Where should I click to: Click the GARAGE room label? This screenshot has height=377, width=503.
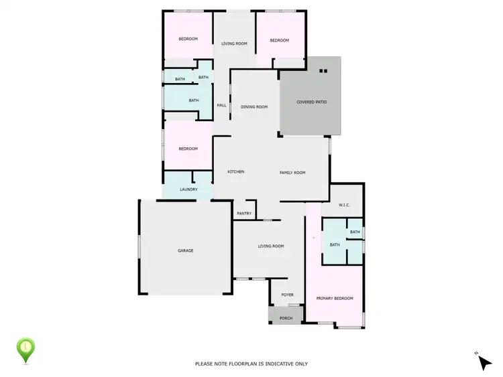pyautogui.click(x=185, y=250)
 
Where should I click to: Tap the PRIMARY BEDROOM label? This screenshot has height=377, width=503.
pyautogui.click(x=335, y=298)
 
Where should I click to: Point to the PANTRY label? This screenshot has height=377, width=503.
pyautogui.click(x=244, y=214)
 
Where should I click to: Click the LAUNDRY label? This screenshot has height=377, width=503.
pyautogui.click(x=188, y=190)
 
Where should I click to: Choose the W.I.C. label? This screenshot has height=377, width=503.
pyautogui.click(x=345, y=205)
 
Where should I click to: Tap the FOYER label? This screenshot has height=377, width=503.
pyautogui.click(x=287, y=295)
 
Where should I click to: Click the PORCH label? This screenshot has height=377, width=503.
pyautogui.click(x=286, y=317)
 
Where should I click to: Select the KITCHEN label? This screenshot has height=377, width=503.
pyautogui.click(x=235, y=172)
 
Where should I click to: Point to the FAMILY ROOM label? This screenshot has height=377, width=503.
pyautogui.click(x=292, y=173)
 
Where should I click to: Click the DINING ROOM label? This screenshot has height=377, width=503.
pyautogui.click(x=254, y=106)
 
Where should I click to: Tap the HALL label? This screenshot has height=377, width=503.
pyautogui.click(x=221, y=105)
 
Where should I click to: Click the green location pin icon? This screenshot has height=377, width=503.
pyautogui.click(x=25, y=348)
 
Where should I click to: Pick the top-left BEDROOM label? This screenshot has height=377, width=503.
pyautogui.click(x=188, y=39)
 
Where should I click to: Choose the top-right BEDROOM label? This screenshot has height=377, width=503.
pyautogui.click(x=279, y=40)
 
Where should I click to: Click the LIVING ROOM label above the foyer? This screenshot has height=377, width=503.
pyautogui.click(x=271, y=246)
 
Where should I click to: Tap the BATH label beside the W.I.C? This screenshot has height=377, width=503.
pyautogui.click(x=355, y=232)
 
